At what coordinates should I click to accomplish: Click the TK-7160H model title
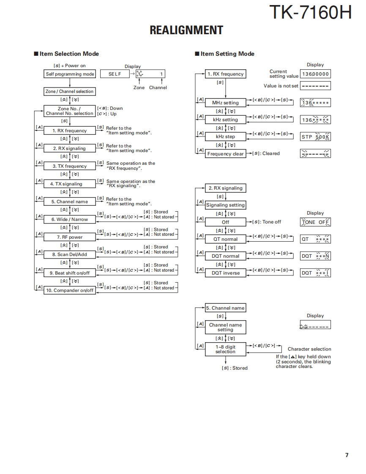(x=310, y=13)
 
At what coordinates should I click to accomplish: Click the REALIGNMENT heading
(x=186, y=30)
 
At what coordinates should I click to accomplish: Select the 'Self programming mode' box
(x=70, y=74)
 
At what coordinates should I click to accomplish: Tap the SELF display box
(x=115, y=74)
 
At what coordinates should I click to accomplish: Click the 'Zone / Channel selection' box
(x=70, y=91)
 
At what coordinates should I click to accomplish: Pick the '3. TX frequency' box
(x=70, y=166)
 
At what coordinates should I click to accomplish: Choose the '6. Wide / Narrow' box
(x=70, y=219)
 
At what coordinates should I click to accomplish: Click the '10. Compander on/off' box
(x=70, y=290)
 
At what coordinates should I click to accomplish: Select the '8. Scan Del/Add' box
(x=70, y=255)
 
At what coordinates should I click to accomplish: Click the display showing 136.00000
(x=315, y=74)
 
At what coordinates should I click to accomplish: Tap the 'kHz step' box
(x=225, y=136)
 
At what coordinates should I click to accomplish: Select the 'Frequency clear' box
(x=225, y=154)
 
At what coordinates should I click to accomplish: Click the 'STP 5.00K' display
(x=315, y=137)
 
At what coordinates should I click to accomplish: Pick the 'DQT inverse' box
(x=225, y=273)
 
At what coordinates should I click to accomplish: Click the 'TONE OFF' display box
(x=315, y=222)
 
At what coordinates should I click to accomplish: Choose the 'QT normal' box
(x=225, y=239)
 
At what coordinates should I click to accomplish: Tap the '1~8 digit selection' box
(x=225, y=349)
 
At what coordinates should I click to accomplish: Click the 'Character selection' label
(x=309, y=349)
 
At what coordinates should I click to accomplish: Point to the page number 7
(x=347, y=455)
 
